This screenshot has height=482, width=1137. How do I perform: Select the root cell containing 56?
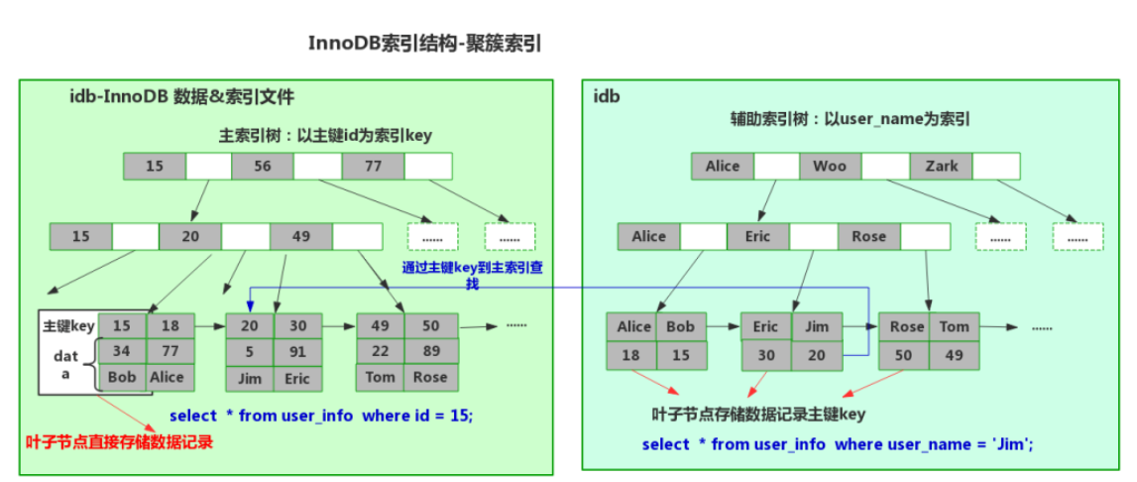(263, 167)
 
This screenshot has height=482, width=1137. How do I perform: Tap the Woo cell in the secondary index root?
(830, 166)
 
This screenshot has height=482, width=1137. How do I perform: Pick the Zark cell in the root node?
(941, 166)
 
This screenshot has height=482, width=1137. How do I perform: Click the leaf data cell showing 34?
(122, 351)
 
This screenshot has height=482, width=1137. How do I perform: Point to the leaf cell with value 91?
(297, 351)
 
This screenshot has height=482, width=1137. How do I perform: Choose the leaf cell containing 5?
(250, 351)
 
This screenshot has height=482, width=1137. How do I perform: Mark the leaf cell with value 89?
(430, 351)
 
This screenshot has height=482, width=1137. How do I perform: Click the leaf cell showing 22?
(380, 351)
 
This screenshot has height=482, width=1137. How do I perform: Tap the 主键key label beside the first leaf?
(68, 325)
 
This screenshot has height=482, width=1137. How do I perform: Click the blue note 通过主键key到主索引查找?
(472, 275)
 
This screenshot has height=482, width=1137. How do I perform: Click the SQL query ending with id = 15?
(321, 415)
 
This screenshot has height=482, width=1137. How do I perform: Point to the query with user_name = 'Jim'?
(838, 443)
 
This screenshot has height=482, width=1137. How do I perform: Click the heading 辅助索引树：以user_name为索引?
(849, 119)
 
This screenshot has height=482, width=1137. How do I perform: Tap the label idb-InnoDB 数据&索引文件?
(181, 97)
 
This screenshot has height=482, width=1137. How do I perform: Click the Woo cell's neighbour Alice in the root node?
(723, 166)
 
